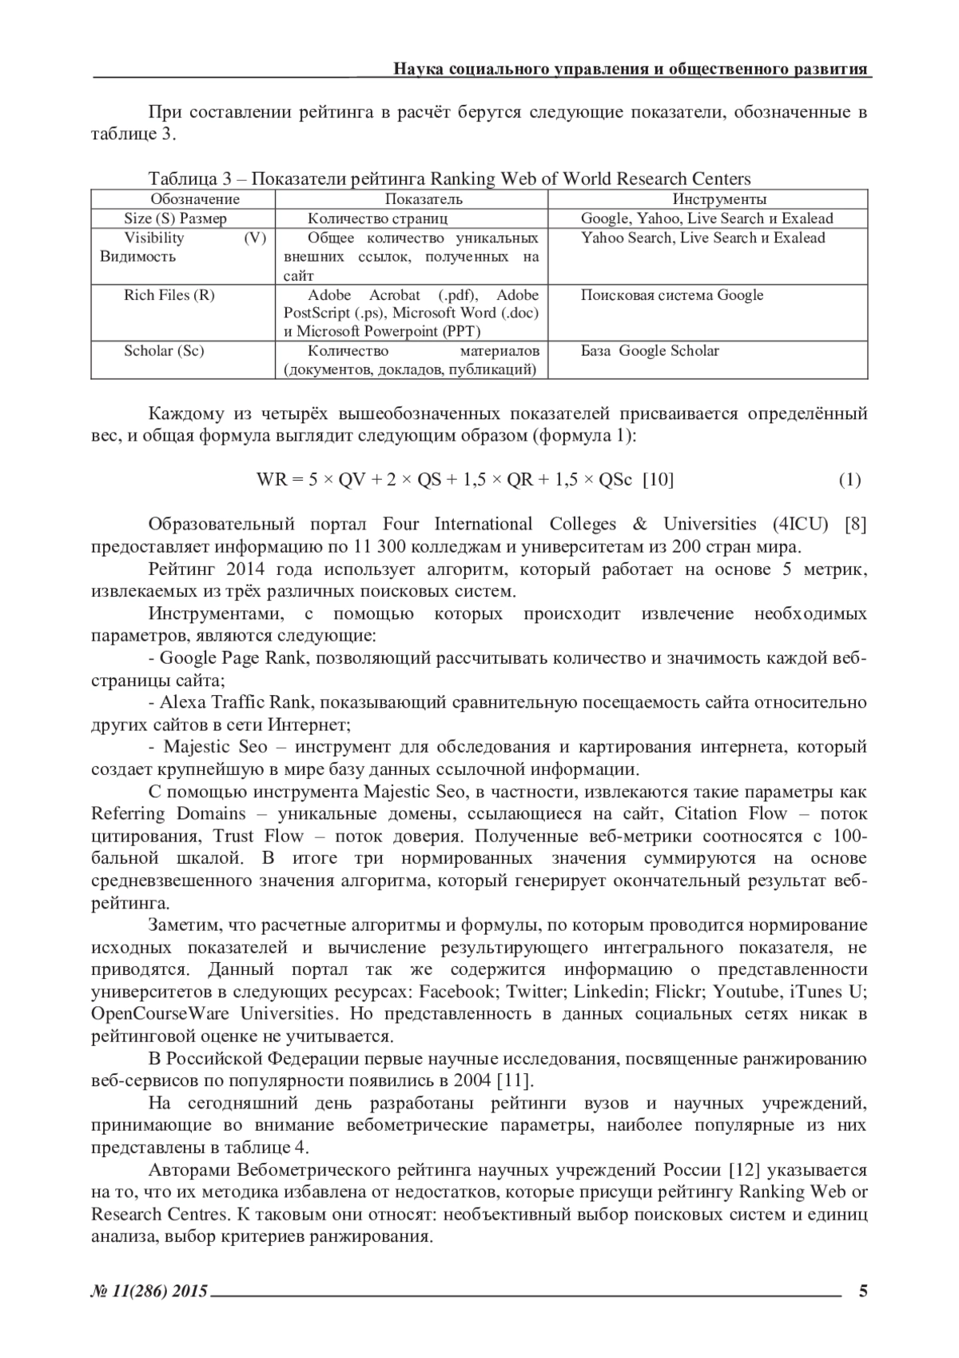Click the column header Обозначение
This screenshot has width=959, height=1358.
pyautogui.click(x=195, y=199)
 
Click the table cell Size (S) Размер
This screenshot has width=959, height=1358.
pyautogui.click(x=175, y=218)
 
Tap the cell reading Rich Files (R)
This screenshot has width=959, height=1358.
pyautogui.click(x=169, y=295)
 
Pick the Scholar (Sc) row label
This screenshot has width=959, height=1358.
pyautogui.click(x=164, y=351)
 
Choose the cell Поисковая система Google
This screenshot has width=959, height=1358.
pyautogui.click(x=671, y=295)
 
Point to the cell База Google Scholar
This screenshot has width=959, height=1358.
pyautogui.click(x=649, y=351)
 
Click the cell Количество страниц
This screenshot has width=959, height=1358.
pyautogui.click(x=377, y=218)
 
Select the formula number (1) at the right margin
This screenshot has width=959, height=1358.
pyautogui.click(x=849, y=480)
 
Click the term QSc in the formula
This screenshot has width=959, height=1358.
pyautogui.click(x=615, y=480)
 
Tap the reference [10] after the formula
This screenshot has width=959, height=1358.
pyautogui.click(x=658, y=480)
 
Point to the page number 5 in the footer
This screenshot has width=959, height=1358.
pyautogui.click(x=862, y=1290)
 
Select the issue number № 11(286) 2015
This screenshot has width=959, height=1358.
pyautogui.click(x=149, y=1291)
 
